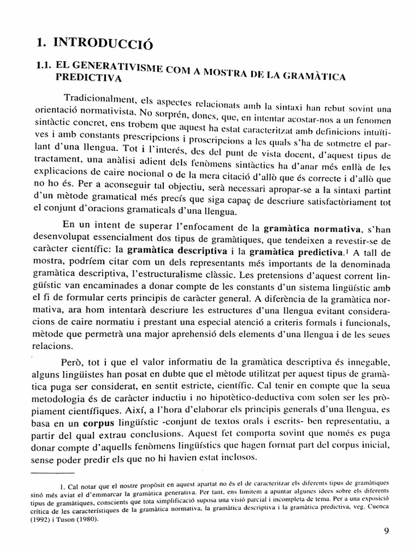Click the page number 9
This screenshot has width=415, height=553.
point(386,530)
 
